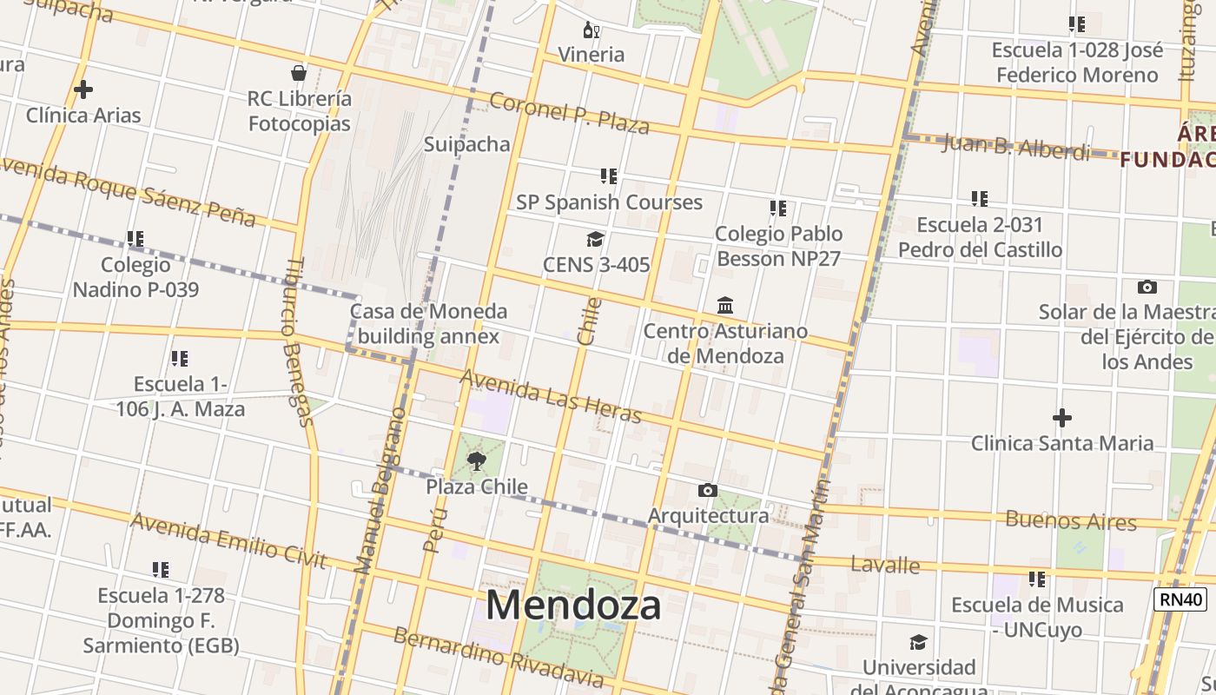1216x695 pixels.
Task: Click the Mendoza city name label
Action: click(x=573, y=605)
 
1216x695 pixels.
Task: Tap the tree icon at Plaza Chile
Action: click(x=476, y=461)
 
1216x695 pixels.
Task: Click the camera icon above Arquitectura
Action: click(x=707, y=491)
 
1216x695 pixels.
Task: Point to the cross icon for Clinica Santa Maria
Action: click(x=1061, y=419)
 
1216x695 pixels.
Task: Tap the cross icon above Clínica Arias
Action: click(x=83, y=89)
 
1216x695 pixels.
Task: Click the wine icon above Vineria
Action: click(x=591, y=30)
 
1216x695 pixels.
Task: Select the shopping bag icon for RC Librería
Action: click(x=299, y=73)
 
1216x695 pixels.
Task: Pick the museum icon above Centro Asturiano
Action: click(x=725, y=306)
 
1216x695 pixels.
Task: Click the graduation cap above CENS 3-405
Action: click(x=595, y=240)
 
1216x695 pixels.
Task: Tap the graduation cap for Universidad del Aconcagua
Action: click(x=918, y=643)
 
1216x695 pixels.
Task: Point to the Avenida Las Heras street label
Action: click(x=551, y=397)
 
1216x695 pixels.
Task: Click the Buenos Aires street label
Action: click(x=1071, y=520)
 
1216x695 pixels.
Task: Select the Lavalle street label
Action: click(x=885, y=565)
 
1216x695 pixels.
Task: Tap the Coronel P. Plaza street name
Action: click(x=569, y=113)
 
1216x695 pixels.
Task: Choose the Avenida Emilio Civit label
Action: click(x=228, y=540)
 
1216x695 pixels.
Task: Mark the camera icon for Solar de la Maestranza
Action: click(x=1147, y=287)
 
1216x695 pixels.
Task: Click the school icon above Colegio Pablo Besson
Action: click(x=777, y=208)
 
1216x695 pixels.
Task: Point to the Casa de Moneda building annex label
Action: click(x=429, y=323)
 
